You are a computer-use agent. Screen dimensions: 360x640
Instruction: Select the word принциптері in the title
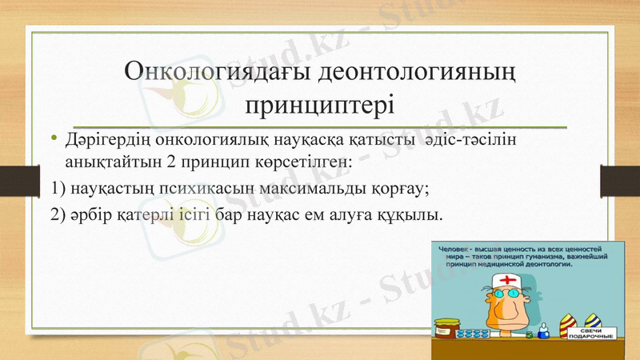[x=319, y=104]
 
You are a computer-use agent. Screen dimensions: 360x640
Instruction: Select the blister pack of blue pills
[x=479, y=333]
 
